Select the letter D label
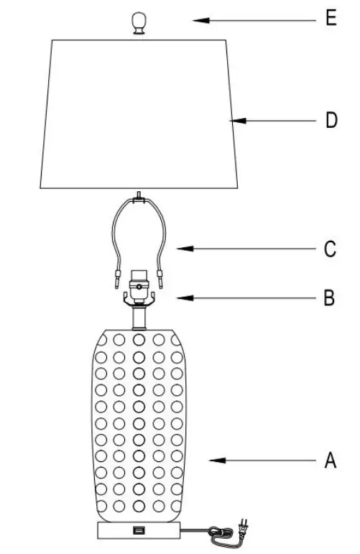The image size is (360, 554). [331, 120]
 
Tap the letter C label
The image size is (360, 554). [330, 249]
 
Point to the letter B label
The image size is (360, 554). [329, 297]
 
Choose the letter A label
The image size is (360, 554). [330, 460]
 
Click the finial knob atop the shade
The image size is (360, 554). [138, 23]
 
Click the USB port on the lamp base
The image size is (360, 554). [137, 531]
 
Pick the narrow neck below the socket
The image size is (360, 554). [139, 315]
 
